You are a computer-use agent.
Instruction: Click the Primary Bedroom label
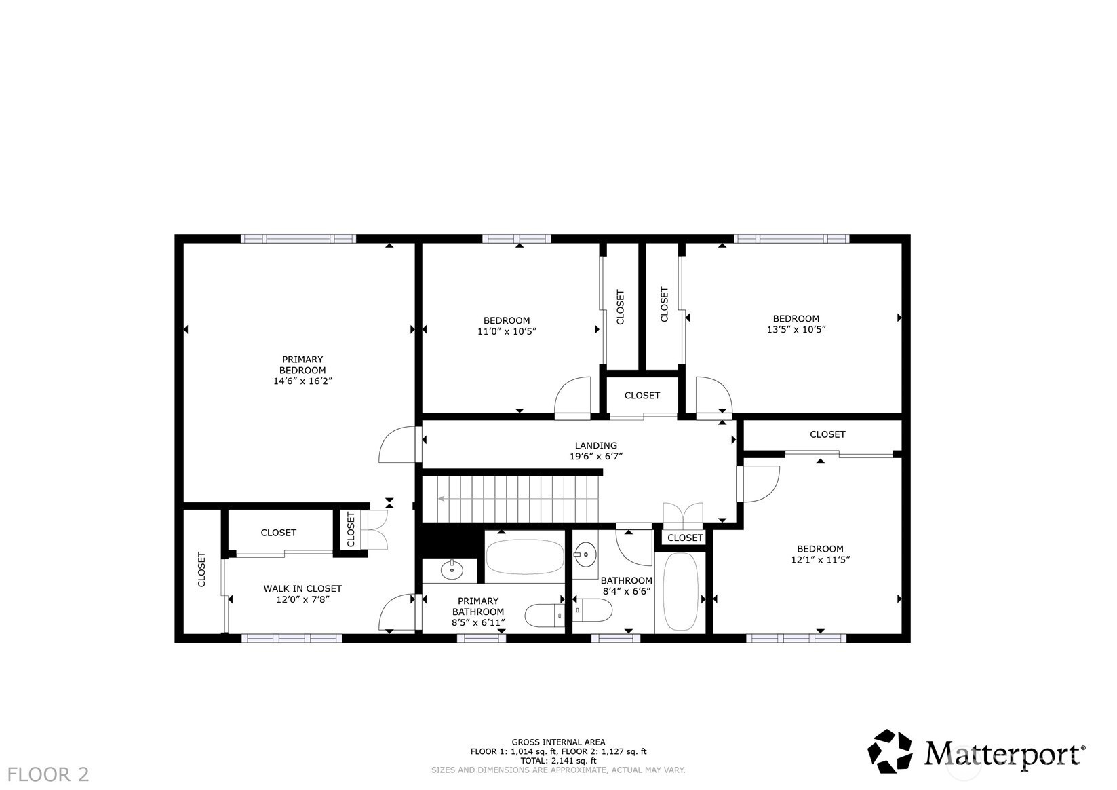tap(302, 365)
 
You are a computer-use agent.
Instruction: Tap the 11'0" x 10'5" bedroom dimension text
tap(507, 331)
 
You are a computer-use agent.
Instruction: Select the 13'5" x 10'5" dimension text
tap(796, 329)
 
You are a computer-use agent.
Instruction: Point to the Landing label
tap(596, 446)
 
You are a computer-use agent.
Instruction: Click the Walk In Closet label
tap(302, 589)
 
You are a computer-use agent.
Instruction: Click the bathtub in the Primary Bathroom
tap(525, 557)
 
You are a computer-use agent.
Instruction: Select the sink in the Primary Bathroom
tap(452, 569)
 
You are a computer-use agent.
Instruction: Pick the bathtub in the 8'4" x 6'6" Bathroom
tap(680, 591)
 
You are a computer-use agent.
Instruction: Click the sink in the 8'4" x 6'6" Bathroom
tap(585, 554)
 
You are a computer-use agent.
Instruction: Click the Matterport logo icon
tap(890, 751)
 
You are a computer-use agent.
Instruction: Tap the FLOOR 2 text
tap(48, 774)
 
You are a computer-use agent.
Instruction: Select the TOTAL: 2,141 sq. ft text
tap(559, 761)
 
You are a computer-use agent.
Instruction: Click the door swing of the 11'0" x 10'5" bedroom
tap(572, 395)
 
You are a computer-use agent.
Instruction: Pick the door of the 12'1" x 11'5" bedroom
tap(758, 484)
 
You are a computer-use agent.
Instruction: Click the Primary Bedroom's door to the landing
tap(397, 444)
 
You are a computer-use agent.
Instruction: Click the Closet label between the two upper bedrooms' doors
tap(642, 395)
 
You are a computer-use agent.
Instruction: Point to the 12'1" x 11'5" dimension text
tap(821, 560)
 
